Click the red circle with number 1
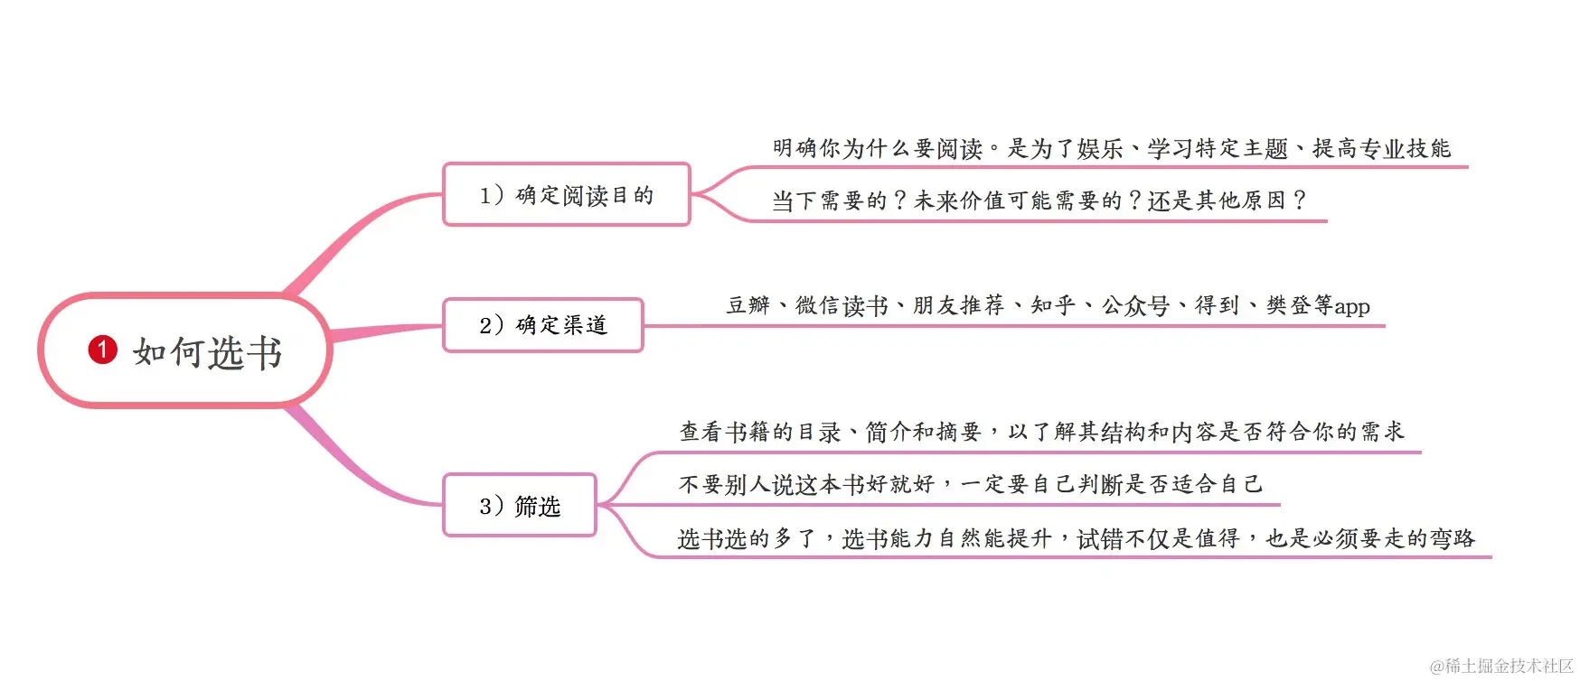point(102,350)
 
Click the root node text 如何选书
point(208,352)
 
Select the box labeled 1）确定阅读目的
point(566,195)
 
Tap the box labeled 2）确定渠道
point(542,325)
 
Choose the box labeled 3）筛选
point(520,506)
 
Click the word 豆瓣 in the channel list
point(748,305)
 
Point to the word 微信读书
point(842,305)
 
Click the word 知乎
point(1053,305)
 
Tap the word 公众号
point(1135,305)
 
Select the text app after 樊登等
point(1352,307)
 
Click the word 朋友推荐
point(958,305)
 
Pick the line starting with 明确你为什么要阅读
point(1111,148)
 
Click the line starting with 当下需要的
point(1039,201)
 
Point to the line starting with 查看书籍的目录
point(1041,432)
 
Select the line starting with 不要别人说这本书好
point(970,484)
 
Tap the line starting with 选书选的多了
point(1076,538)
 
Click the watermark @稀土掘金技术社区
point(1501,667)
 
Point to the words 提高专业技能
point(1381,148)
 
